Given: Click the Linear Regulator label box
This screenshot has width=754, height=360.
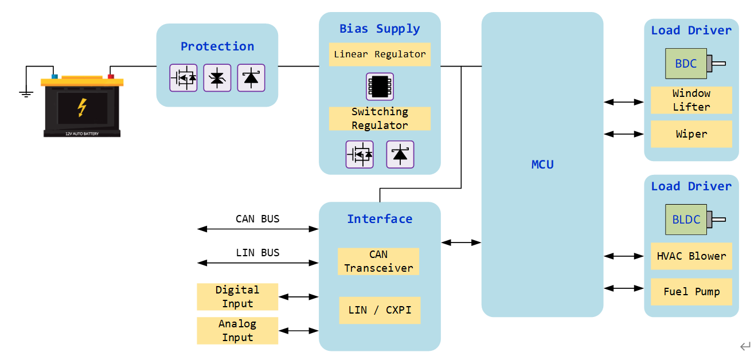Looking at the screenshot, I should (380, 54).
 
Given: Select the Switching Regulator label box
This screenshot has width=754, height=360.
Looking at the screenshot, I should (380, 119).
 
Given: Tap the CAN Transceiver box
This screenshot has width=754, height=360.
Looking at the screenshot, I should (378, 261).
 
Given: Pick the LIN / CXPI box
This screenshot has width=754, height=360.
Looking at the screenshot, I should (380, 310).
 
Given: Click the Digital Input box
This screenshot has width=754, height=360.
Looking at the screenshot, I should (237, 297).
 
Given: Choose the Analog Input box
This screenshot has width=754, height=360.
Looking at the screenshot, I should (237, 331).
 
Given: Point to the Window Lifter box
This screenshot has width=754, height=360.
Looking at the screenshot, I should (692, 100).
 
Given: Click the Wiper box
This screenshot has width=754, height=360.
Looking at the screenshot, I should (692, 134).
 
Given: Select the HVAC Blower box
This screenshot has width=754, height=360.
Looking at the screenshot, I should (692, 256).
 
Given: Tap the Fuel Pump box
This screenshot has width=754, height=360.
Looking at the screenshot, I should (692, 292).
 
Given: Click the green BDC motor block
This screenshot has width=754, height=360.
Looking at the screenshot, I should (686, 64).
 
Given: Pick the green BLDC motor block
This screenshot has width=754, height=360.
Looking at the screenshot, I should (686, 220).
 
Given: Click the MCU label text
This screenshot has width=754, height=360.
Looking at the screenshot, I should (542, 165).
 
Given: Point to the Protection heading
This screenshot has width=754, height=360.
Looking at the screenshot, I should (217, 46).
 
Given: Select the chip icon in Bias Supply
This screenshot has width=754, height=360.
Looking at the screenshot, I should (380, 87).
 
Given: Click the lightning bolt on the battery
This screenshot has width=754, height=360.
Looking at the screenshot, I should (82, 107).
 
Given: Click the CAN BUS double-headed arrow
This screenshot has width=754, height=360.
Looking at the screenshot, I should (257, 229).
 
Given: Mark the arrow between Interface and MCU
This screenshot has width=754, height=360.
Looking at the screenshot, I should (461, 242).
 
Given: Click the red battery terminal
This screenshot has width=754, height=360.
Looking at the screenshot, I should (111, 76).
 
